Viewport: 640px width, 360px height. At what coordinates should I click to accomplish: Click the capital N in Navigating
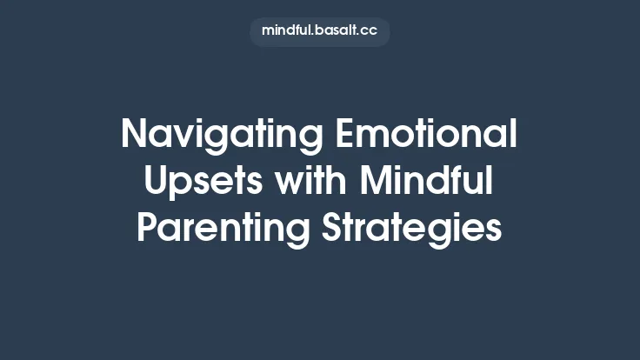click(135, 136)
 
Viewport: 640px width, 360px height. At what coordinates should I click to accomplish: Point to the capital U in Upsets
click(157, 182)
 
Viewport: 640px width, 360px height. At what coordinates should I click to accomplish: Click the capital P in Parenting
click(148, 228)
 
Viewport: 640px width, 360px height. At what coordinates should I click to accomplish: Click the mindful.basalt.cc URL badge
click(319, 30)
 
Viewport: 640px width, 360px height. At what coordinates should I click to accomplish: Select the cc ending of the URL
click(370, 31)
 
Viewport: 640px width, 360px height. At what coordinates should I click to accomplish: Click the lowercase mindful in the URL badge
click(285, 30)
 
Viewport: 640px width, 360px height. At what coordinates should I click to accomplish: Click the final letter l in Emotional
click(513, 136)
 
